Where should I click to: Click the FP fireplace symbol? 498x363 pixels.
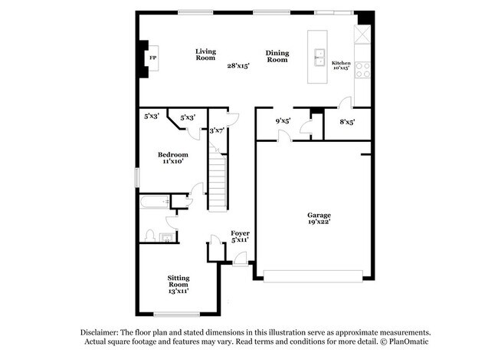(x=152, y=58)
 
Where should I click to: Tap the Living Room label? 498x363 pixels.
(x=205, y=54)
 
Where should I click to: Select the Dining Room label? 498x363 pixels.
(x=277, y=56)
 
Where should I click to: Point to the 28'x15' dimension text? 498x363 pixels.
(x=237, y=66)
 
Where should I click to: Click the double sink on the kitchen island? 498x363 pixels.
(x=319, y=57)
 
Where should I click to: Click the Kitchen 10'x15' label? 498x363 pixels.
(x=340, y=65)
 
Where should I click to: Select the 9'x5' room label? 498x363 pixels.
(x=283, y=120)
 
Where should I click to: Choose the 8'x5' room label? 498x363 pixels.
(x=347, y=120)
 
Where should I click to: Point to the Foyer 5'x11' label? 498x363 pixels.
(x=240, y=236)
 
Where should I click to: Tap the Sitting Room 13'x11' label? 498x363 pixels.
(x=179, y=284)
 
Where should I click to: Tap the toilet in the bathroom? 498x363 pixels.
(x=151, y=235)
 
